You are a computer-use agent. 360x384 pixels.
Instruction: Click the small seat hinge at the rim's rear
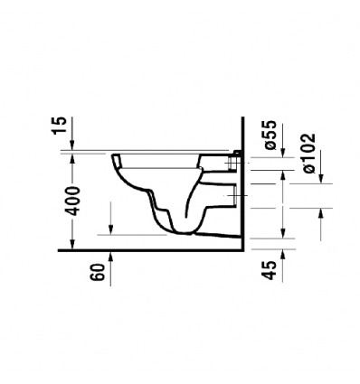tap(237, 152)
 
